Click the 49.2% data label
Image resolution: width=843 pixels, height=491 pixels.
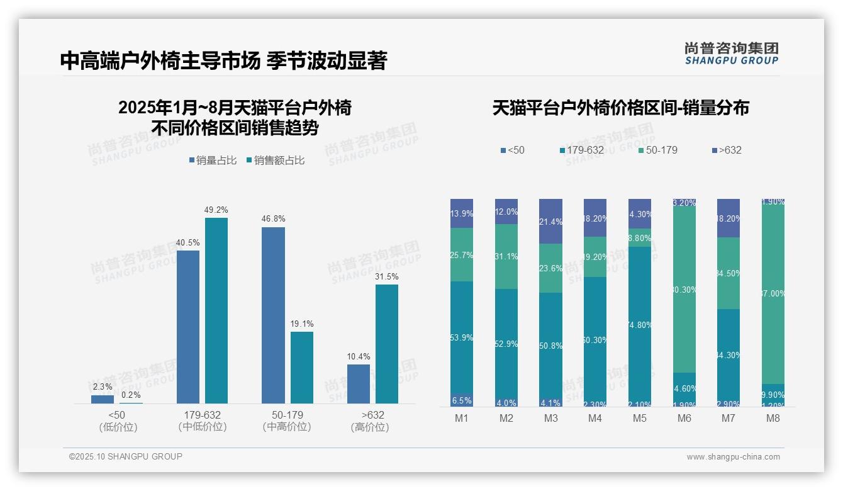point(216,210)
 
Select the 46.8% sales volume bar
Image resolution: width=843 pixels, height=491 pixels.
point(273,315)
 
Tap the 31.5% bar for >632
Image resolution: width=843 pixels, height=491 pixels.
point(387,344)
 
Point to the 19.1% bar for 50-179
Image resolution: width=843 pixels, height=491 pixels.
point(302,368)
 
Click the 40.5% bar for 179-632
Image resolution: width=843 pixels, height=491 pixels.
point(188,327)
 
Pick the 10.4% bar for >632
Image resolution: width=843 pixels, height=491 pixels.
point(359,384)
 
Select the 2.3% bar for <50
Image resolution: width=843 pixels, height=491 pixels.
point(103,399)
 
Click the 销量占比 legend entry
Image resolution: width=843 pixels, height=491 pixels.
point(213,161)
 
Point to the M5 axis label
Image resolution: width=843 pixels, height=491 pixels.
point(640,418)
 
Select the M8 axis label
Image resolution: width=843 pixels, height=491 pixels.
point(773,418)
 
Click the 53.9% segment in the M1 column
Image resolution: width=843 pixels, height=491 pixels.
point(462,337)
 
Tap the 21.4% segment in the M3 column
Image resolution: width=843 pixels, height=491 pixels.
point(550,222)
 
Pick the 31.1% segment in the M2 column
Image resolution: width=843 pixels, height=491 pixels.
point(506,256)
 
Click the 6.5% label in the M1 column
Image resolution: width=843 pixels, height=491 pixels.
point(462,400)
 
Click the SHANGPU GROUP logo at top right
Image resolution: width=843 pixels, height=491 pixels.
point(732,54)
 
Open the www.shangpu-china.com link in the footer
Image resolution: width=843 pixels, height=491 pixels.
point(733,457)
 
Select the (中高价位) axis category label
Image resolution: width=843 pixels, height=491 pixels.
point(287,427)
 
